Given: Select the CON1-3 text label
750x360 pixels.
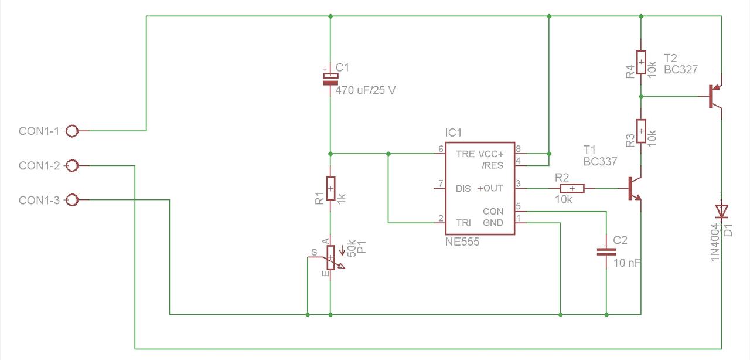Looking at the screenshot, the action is tap(39, 200).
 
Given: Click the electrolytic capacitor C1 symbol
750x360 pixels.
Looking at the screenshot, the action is tap(330, 79).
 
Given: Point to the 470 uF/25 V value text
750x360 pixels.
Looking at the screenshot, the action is tap(366, 90).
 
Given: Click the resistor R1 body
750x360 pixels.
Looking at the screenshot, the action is tap(330, 188).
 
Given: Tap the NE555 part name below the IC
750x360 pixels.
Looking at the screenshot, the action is tap(462, 242).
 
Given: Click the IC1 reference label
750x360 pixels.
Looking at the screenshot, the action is tap(454, 133).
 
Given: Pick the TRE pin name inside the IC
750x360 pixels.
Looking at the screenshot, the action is tap(465, 154).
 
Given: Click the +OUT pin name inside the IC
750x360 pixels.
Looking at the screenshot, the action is tap(490, 188).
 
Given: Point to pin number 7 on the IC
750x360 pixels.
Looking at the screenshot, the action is tap(441, 184).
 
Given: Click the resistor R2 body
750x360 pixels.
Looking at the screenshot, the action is tap(572, 188).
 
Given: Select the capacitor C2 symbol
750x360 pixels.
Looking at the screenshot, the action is tap(606, 252).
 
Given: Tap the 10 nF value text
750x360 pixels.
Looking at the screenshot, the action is tap(627, 263).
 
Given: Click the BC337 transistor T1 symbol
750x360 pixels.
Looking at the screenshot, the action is tap(635, 188).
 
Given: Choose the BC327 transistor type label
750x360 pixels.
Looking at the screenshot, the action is tap(681, 70).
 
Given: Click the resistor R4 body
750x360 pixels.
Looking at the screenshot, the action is tap(641, 62).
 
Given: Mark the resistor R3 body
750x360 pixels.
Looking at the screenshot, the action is tap(641, 131).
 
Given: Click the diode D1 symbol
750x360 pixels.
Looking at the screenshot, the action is tap(721, 212).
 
